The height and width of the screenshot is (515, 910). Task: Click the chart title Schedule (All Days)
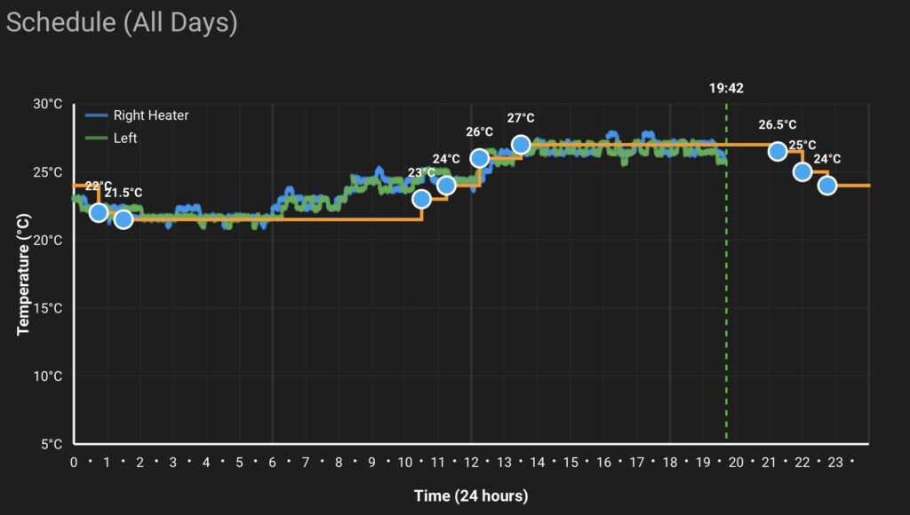click(x=122, y=22)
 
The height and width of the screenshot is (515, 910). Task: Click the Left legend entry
click(x=124, y=138)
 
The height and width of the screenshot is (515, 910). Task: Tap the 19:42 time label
click(x=726, y=88)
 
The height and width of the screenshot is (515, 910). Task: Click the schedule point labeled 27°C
click(x=522, y=145)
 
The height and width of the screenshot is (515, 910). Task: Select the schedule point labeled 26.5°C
click(x=778, y=151)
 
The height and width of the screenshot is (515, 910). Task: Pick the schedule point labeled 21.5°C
click(x=124, y=218)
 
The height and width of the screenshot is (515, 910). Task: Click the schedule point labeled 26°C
click(x=480, y=158)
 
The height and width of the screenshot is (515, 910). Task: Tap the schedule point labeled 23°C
click(x=421, y=199)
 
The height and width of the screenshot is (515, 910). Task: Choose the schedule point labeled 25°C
click(x=802, y=171)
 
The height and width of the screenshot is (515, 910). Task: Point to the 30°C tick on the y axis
click(x=48, y=104)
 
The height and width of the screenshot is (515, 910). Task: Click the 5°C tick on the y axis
click(x=52, y=444)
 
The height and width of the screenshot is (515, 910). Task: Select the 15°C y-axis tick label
click(x=48, y=308)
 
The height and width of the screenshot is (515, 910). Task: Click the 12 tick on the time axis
click(x=471, y=463)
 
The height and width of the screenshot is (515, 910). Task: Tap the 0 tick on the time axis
click(x=74, y=463)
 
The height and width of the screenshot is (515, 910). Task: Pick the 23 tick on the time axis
click(x=835, y=463)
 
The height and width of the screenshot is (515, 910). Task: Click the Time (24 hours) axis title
click(x=470, y=495)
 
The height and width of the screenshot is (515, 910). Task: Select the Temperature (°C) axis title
click(x=24, y=274)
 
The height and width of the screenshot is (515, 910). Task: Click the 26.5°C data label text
click(x=778, y=125)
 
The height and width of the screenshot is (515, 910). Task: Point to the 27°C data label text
click(x=521, y=118)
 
